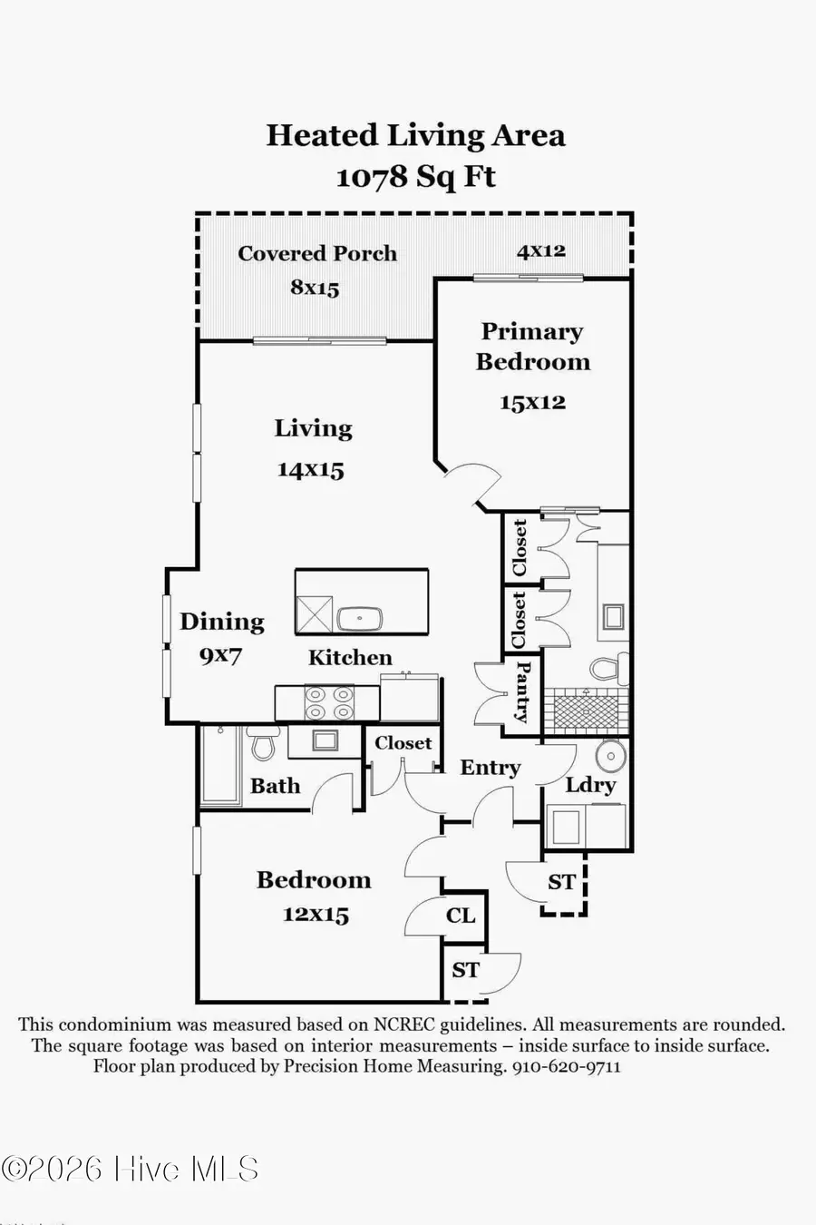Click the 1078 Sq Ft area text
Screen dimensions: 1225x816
tap(415, 176)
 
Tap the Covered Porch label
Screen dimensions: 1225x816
tap(317, 254)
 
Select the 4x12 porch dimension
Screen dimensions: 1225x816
tap(541, 251)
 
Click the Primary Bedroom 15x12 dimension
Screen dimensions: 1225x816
tap(532, 402)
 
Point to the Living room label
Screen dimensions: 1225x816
tap(313, 428)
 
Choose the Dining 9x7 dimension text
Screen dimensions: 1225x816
tap(220, 655)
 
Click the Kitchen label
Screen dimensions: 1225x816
tap(350, 658)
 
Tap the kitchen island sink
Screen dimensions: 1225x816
tap(360, 620)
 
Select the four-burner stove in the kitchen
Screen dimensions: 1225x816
tap(328, 702)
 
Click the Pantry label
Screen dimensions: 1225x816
tap(523, 691)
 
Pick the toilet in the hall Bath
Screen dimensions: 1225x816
tap(263, 744)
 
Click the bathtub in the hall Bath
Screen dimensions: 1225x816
tap(219, 764)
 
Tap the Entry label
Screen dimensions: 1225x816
tap(491, 768)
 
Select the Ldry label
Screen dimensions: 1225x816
tap(590, 785)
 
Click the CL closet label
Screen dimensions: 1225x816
tap(461, 916)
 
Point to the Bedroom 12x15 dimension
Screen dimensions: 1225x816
tap(316, 915)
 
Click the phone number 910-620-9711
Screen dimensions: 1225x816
tap(567, 1067)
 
